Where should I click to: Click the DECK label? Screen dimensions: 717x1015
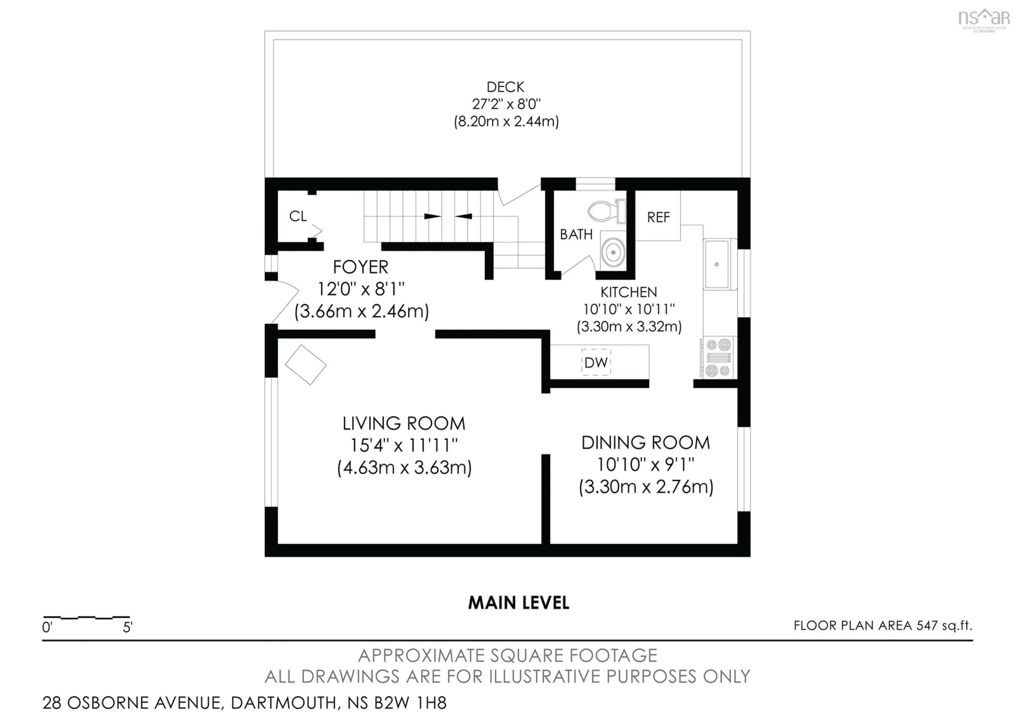pyautogui.click(x=505, y=87)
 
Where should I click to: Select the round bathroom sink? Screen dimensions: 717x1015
pyautogui.click(x=613, y=252)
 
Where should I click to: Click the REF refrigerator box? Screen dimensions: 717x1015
pyautogui.click(x=658, y=217)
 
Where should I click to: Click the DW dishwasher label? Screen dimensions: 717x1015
pyautogui.click(x=596, y=362)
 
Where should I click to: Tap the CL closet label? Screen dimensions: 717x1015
pyautogui.click(x=298, y=216)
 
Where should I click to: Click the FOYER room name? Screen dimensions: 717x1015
pyautogui.click(x=360, y=267)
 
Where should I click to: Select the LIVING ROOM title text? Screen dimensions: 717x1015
pyautogui.click(x=404, y=424)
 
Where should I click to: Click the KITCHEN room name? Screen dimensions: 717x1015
pyautogui.click(x=628, y=292)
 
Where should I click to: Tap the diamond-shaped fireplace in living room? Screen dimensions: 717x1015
pyautogui.click(x=306, y=365)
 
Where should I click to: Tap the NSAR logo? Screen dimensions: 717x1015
pyautogui.click(x=983, y=19)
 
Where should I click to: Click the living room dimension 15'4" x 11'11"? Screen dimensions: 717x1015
pyautogui.click(x=404, y=445)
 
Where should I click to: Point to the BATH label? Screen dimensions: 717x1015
pyautogui.click(x=576, y=234)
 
